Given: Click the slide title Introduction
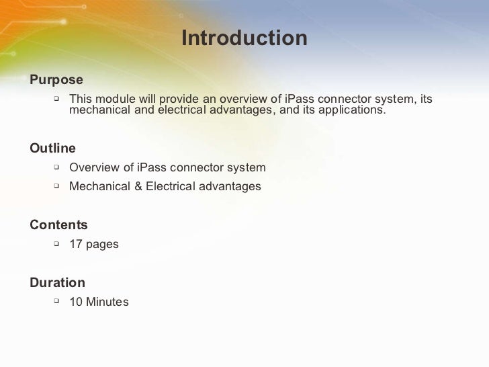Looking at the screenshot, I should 244,38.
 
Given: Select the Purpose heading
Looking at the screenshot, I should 56,80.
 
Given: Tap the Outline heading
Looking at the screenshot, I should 52,148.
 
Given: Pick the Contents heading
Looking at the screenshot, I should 58,225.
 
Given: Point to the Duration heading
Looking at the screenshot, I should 57,283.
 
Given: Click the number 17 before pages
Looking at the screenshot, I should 76,244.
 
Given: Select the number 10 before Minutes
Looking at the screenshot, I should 76,302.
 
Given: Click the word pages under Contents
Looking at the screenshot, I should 102,245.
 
